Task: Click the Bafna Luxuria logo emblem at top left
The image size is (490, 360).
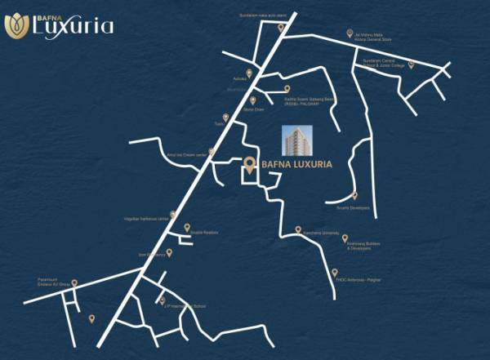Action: (16, 26)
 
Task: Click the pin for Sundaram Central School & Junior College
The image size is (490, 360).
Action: (412, 64)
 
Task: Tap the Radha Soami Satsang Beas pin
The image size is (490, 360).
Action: (287, 89)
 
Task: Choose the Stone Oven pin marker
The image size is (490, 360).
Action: (253, 100)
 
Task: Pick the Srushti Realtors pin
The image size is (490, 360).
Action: (187, 227)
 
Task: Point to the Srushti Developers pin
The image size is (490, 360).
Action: (354, 195)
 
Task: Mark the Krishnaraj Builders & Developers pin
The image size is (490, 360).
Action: (345, 238)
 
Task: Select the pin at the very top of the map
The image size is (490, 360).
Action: (281, 26)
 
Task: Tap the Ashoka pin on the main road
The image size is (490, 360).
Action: (249, 73)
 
